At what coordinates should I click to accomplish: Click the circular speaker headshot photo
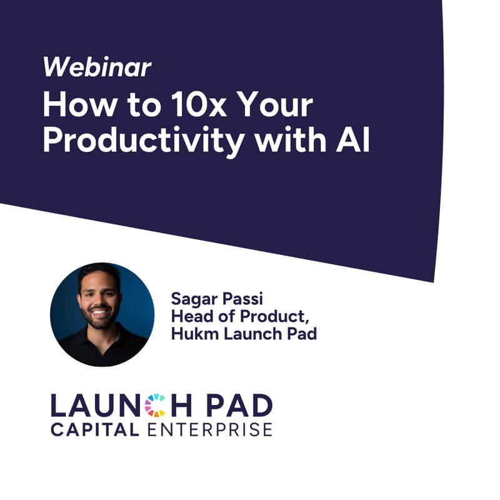102,314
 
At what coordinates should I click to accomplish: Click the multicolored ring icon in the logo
155,406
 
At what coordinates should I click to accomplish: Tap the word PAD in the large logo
241,406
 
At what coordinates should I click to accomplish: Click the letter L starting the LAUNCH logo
59,406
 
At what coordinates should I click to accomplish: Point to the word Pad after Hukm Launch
302,334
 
